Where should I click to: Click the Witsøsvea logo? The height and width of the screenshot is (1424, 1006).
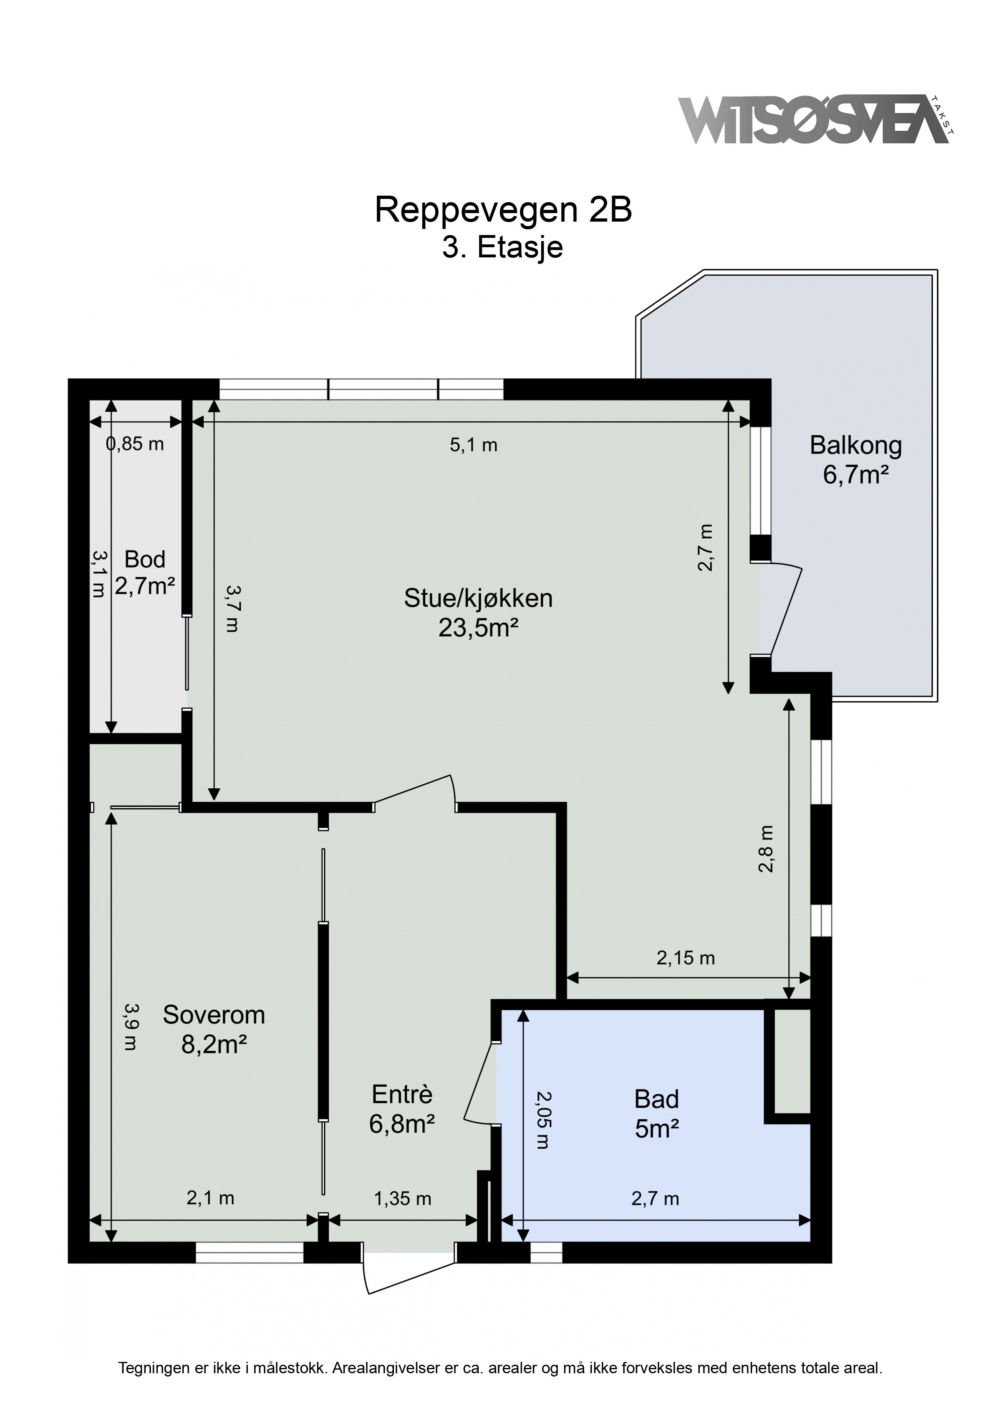point(816,120)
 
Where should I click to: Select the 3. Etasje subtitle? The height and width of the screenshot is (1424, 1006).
point(503,248)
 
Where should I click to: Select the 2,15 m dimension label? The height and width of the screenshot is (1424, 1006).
point(686,958)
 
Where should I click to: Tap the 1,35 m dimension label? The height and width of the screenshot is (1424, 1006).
point(402,1199)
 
